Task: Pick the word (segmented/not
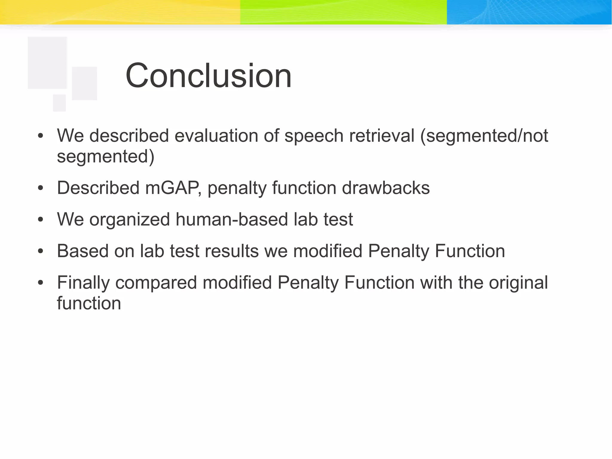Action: click(x=484, y=136)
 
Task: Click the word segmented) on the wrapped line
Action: click(x=105, y=156)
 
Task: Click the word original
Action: click(x=518, y=283)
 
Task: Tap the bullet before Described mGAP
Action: click(x=41, y=188)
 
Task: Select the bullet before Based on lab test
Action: click(x=41, y=251)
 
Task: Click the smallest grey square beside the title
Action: click(x=59, y=103)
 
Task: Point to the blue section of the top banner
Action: click(x=529, y=12)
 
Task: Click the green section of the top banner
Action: click(x=344, y=12)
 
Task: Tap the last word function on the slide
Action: click(x=89, y=303)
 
